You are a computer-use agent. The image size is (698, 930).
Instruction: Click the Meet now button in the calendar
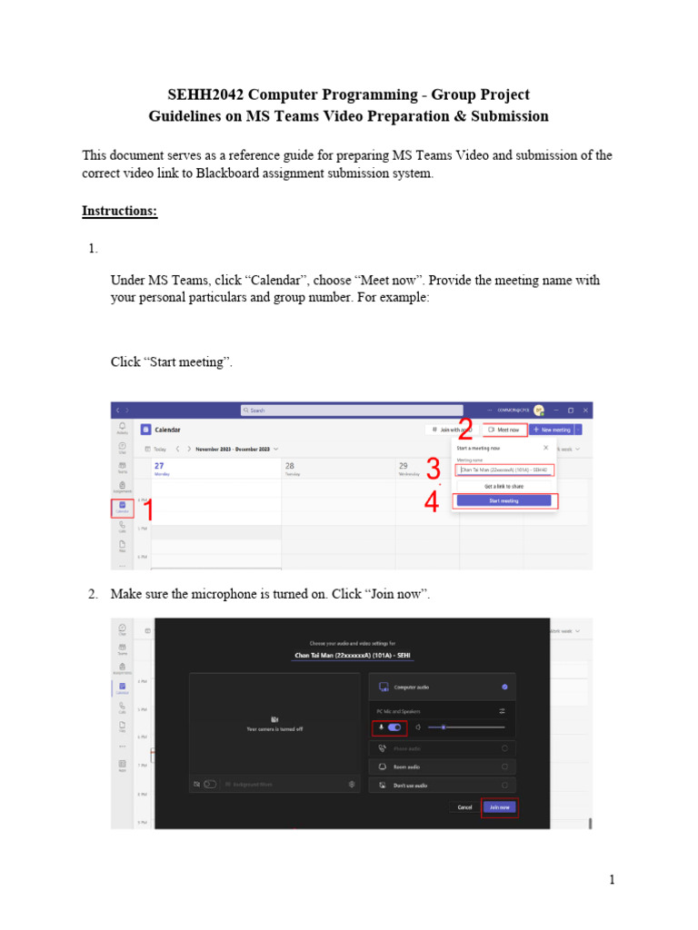point(504,430)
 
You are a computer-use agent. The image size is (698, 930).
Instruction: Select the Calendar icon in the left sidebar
point(122,507)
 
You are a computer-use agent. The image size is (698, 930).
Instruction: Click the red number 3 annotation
point(433,470)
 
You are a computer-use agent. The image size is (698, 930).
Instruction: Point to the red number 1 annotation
point(146,511)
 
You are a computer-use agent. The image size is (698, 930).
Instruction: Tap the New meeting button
point(552,430)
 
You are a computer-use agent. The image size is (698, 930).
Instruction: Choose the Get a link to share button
point(503,486)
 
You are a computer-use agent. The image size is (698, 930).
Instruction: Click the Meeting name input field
point(505,470)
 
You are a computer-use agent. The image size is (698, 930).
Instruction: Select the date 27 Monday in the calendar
point(160,468)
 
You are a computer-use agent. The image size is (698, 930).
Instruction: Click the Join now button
point(500,806)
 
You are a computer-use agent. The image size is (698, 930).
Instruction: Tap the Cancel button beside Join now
point(464,806)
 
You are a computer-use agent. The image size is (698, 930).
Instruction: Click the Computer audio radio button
point(504,687)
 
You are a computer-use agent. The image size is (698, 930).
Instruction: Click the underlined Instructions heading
point(119,212)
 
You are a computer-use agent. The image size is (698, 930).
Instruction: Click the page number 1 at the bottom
point(612,879)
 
